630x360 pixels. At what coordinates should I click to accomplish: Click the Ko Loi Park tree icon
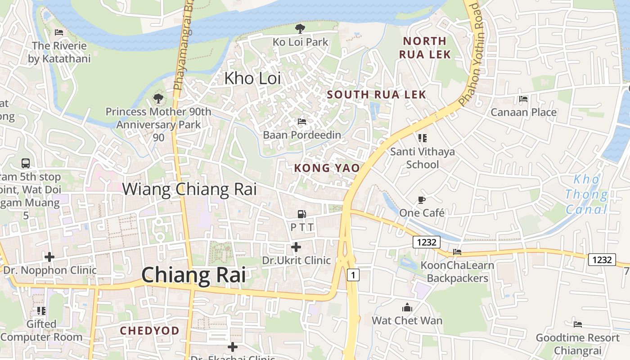[300, 29]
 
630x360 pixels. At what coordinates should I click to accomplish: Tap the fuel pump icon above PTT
[302, 215]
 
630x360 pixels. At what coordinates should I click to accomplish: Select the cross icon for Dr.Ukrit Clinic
[296, 247]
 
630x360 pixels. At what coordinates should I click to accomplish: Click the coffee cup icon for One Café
[422, 200]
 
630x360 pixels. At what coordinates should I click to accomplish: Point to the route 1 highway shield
[353, 274]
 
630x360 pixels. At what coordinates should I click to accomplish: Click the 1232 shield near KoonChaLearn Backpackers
[427, 242]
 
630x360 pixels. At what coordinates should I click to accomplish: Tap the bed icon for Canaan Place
[523, 99]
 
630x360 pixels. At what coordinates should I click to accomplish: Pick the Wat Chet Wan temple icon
[407, 308]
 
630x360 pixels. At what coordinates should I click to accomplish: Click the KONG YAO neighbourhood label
[327, 168]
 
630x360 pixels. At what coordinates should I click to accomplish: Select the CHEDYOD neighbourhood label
[149, 331]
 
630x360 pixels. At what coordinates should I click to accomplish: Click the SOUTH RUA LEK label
[376, 94]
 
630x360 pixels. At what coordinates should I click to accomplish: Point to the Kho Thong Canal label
[586, 194]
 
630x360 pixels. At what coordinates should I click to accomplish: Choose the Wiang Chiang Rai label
[189, 189]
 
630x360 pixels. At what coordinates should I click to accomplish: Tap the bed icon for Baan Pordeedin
[302, 121]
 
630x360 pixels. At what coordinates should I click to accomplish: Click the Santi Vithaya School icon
[422, 138]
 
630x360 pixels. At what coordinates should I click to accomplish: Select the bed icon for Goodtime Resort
[578, 324]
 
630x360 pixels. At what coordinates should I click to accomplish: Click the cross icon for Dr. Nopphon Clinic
[49, 257]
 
